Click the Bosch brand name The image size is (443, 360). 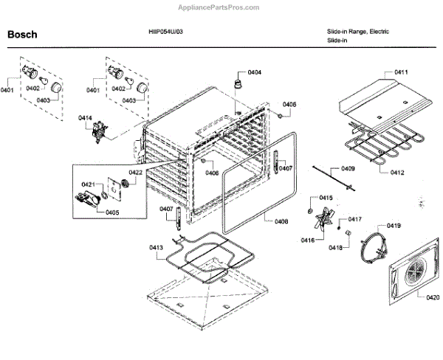(x=22, y=35)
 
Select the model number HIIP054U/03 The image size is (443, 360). (x=165, y=32)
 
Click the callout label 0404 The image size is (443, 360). (x=255, y=72)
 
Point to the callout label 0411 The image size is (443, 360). (x=402, y=72)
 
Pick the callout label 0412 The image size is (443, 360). (x=397, y=173)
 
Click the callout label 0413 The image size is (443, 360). (x=155, y=247)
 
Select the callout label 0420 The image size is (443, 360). (x=433, y=297)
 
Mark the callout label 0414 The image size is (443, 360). (x=86, y=117)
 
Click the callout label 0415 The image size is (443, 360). (x=326, y=197)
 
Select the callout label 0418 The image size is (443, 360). (x=336, y=247)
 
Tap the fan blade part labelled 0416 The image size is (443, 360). (x=323, y=219)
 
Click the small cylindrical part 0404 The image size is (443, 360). (x=239, y=79)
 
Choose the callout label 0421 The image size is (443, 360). (x=88, y=184)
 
